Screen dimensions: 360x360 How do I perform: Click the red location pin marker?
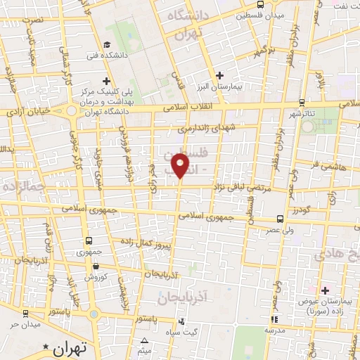(182, 165)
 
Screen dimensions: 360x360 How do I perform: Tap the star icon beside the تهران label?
(46, 347)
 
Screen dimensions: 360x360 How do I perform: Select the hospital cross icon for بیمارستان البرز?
(220, 75)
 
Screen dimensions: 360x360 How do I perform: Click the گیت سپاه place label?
(202, 331)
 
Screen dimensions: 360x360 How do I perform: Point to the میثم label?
(144, 349)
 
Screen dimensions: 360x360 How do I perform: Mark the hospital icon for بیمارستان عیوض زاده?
(325, 290)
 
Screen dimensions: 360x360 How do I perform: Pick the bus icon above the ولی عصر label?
(281, 219)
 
